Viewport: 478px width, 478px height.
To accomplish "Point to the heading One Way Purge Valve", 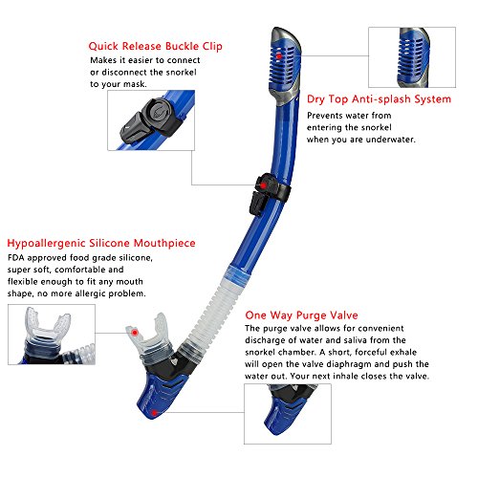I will click(298, 314).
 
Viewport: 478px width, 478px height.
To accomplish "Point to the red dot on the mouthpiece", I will click(137, 332).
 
